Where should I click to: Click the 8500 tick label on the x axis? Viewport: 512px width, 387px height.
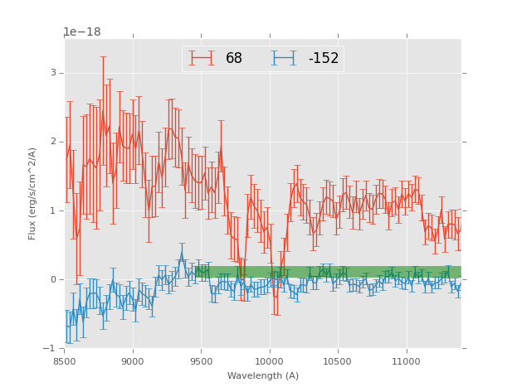(64, 360)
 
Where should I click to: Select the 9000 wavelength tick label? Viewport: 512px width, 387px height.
(133, 360)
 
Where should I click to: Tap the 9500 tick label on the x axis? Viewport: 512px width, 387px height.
(201, 360)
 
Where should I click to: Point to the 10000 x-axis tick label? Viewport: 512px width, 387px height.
(270, 360)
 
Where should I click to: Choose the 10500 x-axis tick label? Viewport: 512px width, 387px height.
(338, 360)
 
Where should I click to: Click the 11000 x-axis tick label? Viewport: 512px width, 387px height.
(407, 360)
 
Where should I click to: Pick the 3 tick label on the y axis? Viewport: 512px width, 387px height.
(52, 73)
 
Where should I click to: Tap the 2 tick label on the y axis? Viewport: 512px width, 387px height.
(52, 142)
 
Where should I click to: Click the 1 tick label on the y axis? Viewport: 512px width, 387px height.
(52, 210)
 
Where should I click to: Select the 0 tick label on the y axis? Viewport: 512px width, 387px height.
(52, 279)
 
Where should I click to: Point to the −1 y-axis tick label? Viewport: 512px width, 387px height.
(50, 348)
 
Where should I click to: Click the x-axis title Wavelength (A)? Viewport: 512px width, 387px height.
(262, 375)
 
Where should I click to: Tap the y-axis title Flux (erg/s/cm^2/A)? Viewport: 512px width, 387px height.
(32, 193)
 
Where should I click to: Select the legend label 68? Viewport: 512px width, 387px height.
(234, 58)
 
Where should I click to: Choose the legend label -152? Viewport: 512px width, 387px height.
(324, 58)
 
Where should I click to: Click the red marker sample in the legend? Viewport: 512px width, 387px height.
(201, 58)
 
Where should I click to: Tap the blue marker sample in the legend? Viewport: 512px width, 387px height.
(284, 58)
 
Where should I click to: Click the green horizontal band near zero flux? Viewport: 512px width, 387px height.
(373, 272)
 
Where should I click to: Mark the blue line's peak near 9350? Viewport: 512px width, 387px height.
(182, 254)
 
